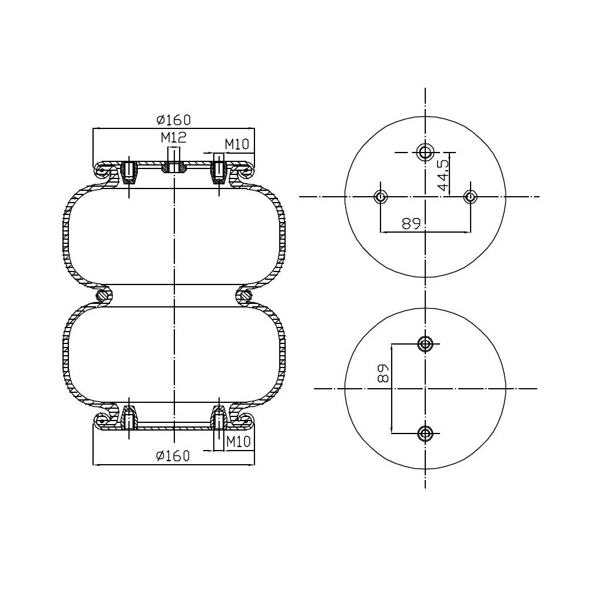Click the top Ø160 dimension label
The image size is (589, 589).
174,120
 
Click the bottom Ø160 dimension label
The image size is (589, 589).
173,455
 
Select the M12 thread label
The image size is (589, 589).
174,138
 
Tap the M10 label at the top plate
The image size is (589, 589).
238,144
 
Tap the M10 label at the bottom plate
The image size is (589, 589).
239,441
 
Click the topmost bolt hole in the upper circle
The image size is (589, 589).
425,152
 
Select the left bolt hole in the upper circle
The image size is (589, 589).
380,196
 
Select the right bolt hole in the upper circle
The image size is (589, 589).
470,196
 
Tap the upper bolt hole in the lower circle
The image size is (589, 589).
425,343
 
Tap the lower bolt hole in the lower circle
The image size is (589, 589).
425,434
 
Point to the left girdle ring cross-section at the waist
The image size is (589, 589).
104,295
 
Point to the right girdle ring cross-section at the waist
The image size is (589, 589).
245,295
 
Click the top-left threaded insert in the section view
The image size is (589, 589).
129,171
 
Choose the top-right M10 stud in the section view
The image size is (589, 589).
219,170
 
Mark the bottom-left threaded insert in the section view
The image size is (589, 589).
129,419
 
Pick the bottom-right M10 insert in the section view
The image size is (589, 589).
219,420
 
